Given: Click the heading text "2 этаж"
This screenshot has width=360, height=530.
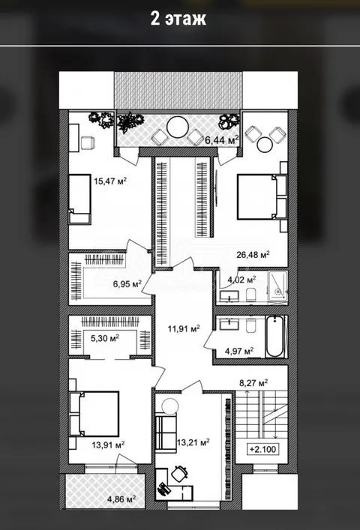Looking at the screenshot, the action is (178, 19).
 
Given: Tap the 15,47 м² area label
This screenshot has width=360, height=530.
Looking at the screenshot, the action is (110, 181).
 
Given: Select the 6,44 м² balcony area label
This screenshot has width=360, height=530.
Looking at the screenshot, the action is (222, 139).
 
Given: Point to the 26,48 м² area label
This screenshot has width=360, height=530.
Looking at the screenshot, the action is (253, 254).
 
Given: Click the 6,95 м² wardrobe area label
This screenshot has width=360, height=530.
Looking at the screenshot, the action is (127, 284).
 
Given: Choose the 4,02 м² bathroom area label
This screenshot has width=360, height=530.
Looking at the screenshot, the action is (241, 280).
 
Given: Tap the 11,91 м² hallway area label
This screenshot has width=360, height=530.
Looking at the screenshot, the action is (184, 328).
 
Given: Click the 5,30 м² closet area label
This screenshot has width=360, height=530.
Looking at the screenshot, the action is (104, 338).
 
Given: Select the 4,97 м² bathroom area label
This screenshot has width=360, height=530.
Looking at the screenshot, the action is (239, 352).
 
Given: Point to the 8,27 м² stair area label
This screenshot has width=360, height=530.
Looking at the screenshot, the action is (253, 383).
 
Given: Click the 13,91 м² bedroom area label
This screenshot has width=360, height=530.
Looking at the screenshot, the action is (108, 445).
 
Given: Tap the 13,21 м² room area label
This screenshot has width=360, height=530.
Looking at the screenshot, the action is (193, 442).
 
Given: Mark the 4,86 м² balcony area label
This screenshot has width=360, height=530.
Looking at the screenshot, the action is (121, 499).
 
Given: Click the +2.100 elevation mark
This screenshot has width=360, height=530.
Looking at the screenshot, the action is (262, 450).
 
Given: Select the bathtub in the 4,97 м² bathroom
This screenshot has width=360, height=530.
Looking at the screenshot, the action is (274, 337).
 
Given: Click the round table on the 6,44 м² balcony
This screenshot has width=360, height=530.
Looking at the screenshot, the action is (178, 127).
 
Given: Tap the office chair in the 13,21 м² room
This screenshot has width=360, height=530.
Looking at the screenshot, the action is (179, 473).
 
